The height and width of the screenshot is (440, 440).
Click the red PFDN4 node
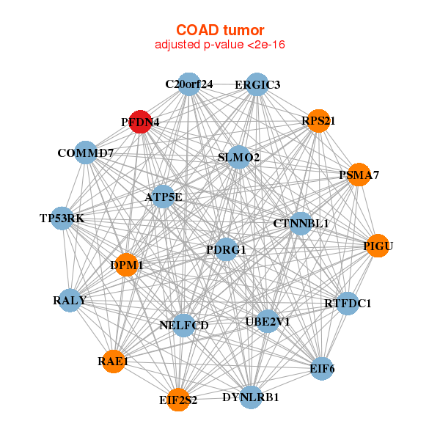pyautogui.click(x=140, y=122)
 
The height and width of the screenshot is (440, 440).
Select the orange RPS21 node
pyautogui.click(x=318, y=121)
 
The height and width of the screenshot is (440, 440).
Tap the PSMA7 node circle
pyautogui.click(x=358, y=175)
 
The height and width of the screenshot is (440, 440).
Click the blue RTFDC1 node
pyautogui.click(x=348, y=303)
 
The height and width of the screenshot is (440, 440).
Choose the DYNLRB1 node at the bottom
pyautogui.click(x=251, y=397)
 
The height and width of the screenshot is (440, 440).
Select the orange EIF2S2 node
pyautogui.click(x=178, y=400)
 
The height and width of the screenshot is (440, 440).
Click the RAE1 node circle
pyautogui.click(x=114, y=361)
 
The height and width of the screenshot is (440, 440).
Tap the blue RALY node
pyautogui.click(x=70, y=300)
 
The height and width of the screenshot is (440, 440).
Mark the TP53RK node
pyautogui.click(x=62, y=218)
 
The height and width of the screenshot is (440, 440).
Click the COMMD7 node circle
pyautogui.click(x=86, y=153)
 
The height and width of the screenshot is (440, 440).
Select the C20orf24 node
pyautogui.click(x=189, y=84)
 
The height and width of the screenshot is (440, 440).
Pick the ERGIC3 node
pyautogui.click(x=257, y=84)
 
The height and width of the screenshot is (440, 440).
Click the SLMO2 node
pyautogui.click(x=239, y=157)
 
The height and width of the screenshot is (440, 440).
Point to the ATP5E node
pyautogui.click(x=163, y=197)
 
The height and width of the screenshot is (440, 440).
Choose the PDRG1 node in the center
pyautogui.click(x=226, y=250)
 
